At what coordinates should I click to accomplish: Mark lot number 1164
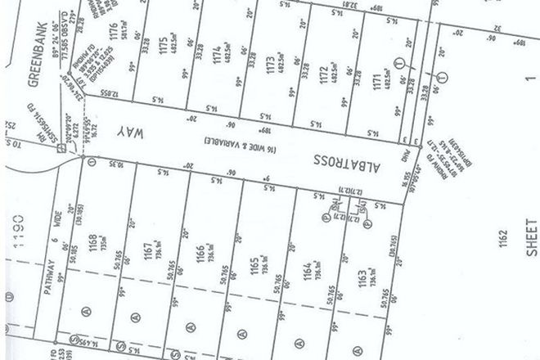tap(306, 270)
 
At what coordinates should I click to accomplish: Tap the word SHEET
tap(532, 238)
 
